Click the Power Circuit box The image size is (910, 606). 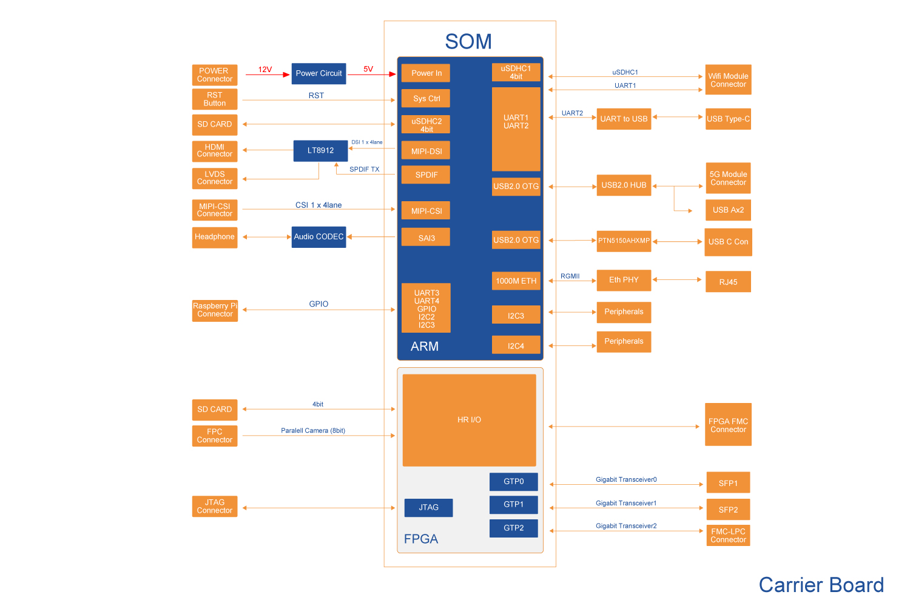click(318, 73)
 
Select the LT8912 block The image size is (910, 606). click(320, 151)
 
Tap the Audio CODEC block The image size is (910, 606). click(318, 237)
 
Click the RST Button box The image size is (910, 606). click(215, 99)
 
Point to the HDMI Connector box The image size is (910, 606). click(215, 151)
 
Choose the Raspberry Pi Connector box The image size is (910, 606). click(215, 310)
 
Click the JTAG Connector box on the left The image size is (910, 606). click(215, 507)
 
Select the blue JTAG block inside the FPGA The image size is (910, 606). click(428, 508)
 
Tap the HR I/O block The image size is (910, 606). click(469, 420)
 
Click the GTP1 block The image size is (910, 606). click(513, 505)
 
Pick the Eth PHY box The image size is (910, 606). click(624, 280)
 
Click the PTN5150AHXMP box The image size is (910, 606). click(624, 241)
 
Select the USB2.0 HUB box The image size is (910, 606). click(624, 185)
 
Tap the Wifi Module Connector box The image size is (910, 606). click(728, 80)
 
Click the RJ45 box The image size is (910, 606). click(728, 282)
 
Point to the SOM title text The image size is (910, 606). click(468, 42)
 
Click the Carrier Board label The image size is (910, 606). click(821, 585)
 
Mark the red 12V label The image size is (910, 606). click(265, 70)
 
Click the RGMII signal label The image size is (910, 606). click(570, 276)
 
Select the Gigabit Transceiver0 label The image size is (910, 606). click(626, 480)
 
